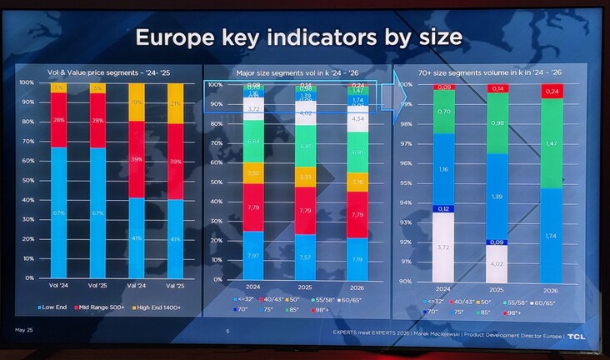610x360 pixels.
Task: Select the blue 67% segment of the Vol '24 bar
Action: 59,212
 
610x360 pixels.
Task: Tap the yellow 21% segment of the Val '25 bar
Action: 175,103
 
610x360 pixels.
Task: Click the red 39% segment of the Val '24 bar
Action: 137,159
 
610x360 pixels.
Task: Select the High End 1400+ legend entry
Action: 159,307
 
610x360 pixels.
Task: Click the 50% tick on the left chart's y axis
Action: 27,180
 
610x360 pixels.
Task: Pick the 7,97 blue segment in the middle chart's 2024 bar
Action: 252,254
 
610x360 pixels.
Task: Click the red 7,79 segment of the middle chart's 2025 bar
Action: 305,210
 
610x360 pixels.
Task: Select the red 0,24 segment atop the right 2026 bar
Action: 552,91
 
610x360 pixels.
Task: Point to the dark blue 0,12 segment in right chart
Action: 443,208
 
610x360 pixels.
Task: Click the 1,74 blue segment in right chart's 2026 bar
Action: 552,236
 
